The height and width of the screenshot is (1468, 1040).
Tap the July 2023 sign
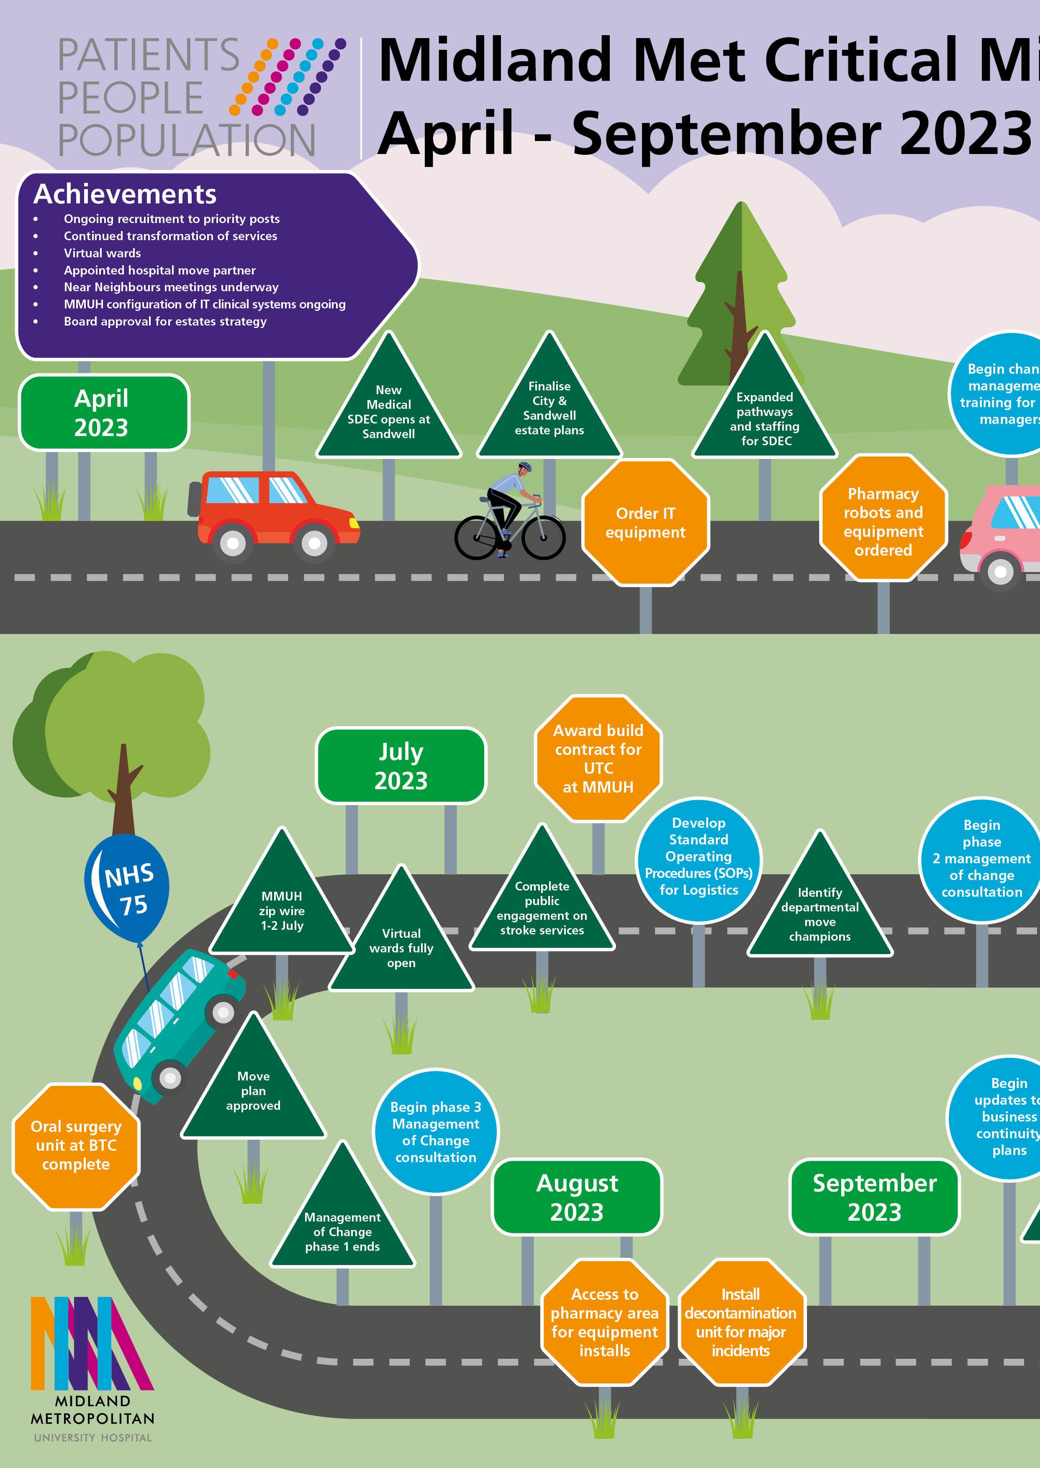pos(401,766)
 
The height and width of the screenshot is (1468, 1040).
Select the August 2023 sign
pos(577,1197)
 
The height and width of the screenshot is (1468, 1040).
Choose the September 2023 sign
pos(874,1197)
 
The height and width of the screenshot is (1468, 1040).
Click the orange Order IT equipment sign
pos(645,522)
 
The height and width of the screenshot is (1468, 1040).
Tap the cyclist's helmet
pos(525,467)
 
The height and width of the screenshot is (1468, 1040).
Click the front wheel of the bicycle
pos(543,536)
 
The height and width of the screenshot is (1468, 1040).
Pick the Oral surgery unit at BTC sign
pos(76,1145)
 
